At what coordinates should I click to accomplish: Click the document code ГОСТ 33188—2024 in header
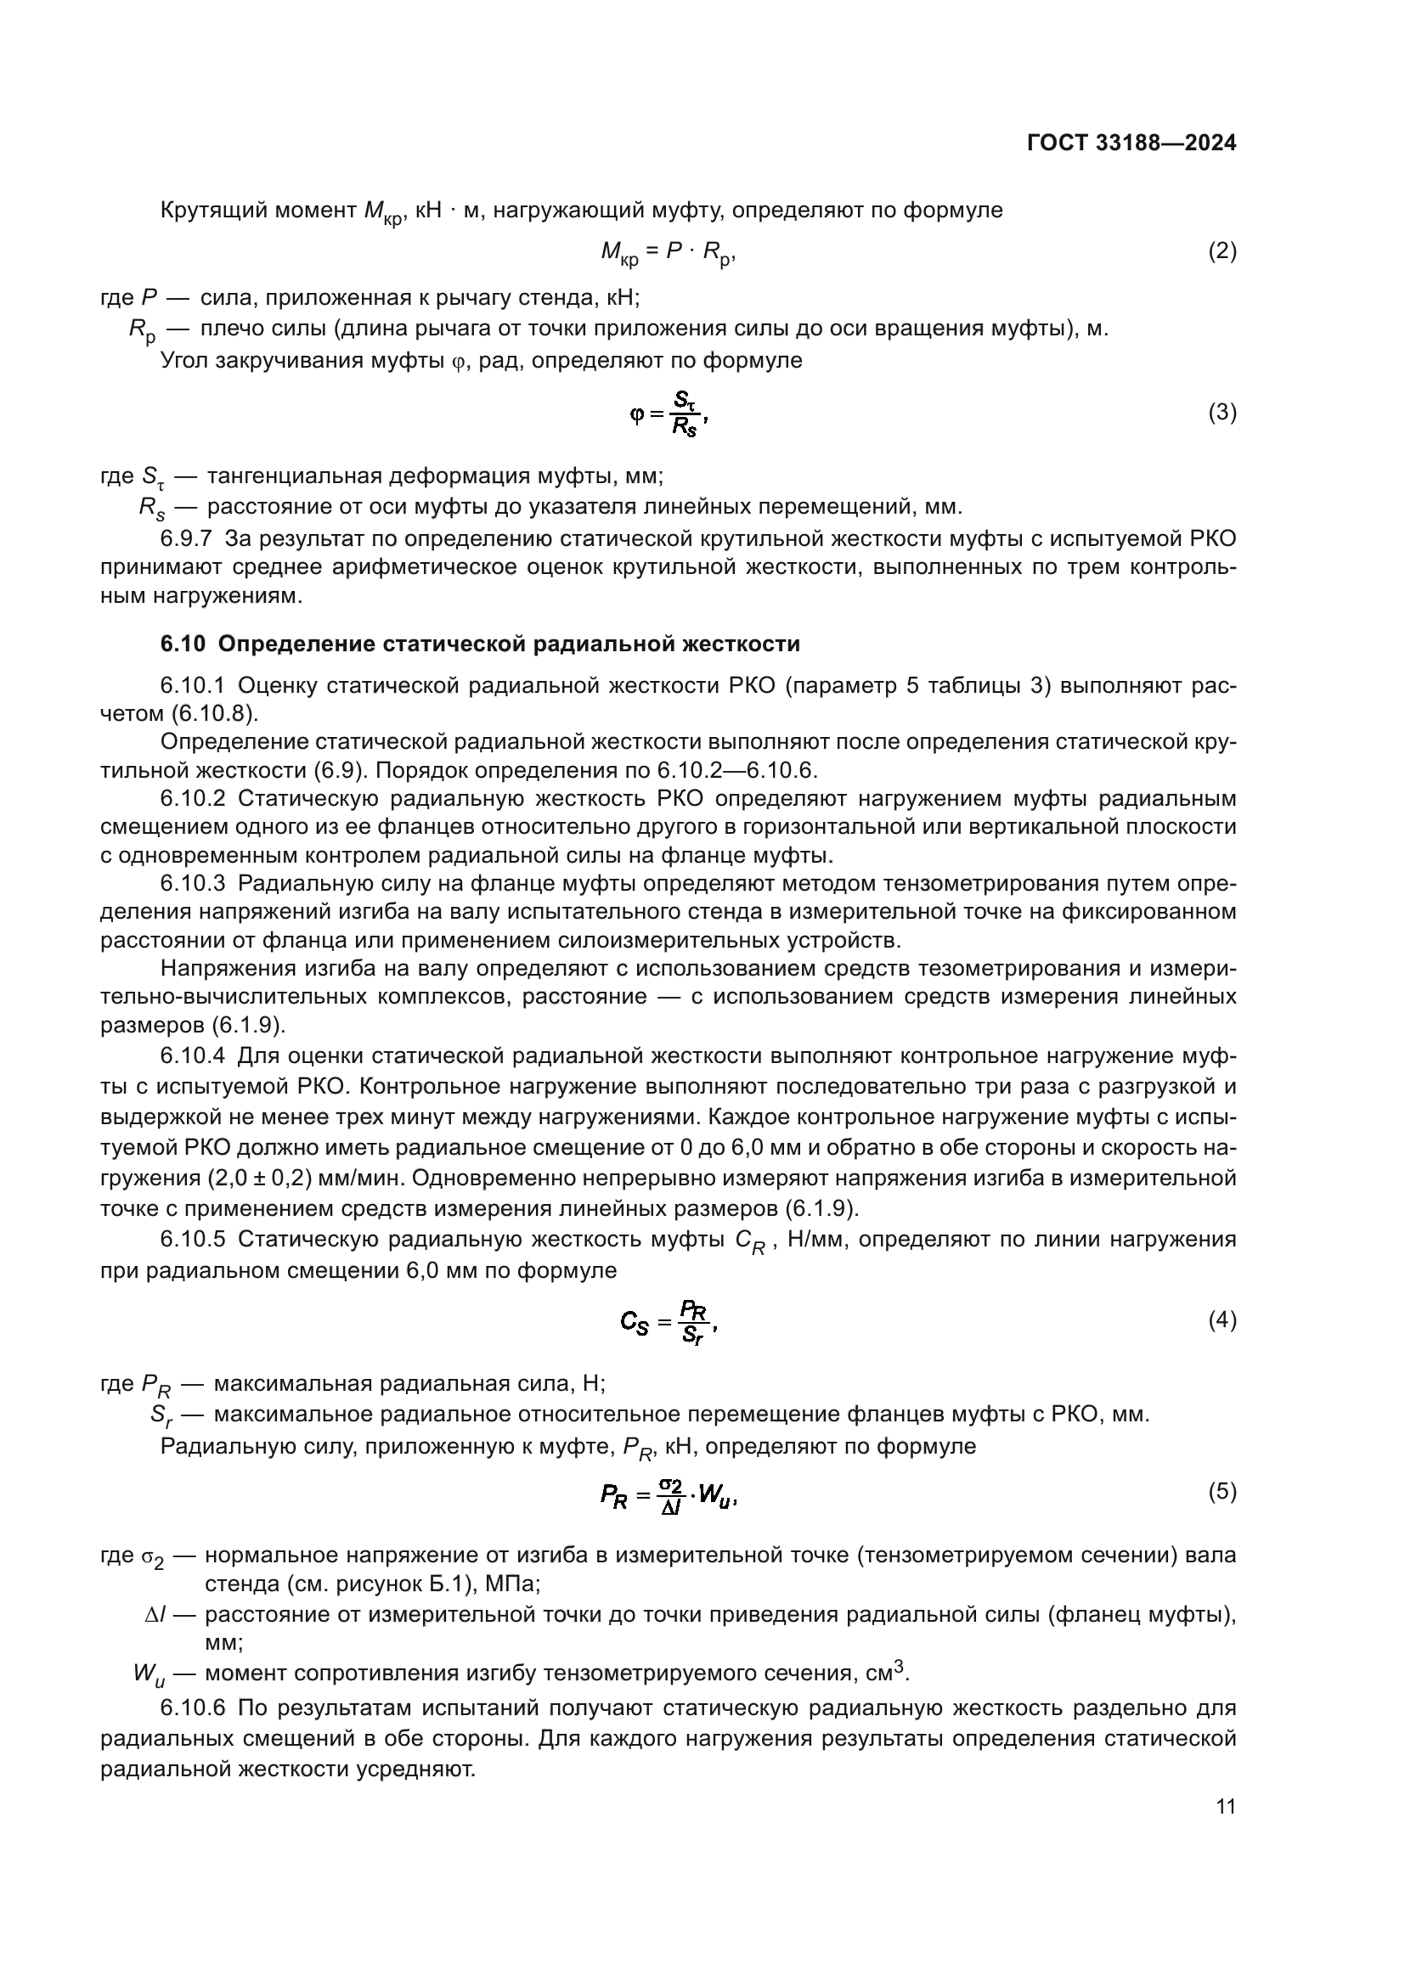tap(1131, 143)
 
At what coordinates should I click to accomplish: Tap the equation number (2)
tap(1222, 250)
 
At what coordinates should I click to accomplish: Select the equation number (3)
tap(1222, 413)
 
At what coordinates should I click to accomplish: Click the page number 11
tap(1225, 1806)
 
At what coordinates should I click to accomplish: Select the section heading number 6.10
tap(183, 644)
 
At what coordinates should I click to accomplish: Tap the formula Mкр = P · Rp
tap(667, 252)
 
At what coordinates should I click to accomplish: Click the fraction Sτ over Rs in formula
tap(685, 414)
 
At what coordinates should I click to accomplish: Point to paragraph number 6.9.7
tap(186, 540)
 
